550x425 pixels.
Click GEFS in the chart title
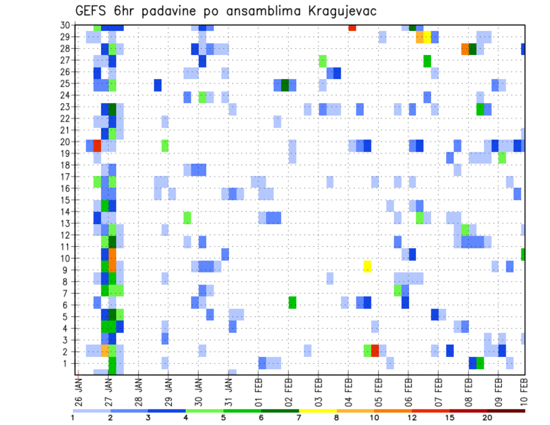93,11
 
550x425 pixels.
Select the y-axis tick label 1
67,363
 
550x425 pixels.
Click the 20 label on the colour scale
487,418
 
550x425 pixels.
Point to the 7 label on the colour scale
298,418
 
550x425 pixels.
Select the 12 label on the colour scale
412,418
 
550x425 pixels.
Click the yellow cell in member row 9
367,266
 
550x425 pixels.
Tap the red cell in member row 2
375,351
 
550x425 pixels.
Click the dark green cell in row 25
285,85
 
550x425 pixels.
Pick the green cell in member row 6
292,302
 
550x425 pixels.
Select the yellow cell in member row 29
427,37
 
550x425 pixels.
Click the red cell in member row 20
97,146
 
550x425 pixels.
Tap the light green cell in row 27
323,61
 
